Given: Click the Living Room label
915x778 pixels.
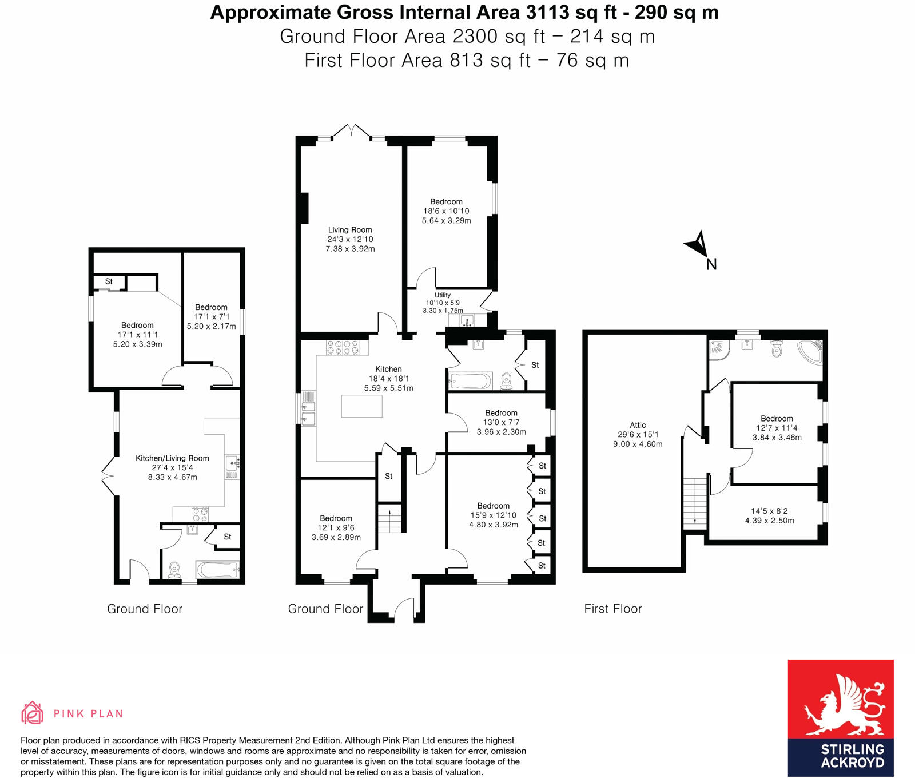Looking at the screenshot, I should click(350, 230).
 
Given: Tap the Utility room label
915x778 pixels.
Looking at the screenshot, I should click(443, 295).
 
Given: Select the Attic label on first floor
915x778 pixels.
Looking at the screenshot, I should click(638, 425).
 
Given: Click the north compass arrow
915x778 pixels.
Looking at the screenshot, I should click(698, 245).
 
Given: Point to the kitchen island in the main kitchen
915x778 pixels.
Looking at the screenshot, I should click(361, 406).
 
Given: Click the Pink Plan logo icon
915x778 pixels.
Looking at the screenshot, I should click(33, 713).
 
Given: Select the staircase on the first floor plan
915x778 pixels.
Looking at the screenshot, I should click(695, 501).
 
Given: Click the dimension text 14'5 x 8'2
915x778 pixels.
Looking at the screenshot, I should click(769, 511).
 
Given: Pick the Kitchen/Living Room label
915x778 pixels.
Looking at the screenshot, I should click(172, 458).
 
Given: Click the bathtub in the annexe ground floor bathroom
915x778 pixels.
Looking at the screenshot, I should click(217, 570).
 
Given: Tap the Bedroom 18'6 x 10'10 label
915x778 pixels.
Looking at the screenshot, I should click(446, 202).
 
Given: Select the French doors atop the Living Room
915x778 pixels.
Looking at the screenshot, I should click(353, 131).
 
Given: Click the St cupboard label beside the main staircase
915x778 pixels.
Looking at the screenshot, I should click(388, 476).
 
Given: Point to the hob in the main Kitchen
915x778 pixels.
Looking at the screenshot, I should click(343, 347).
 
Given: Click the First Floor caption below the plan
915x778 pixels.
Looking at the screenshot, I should click(612, 609).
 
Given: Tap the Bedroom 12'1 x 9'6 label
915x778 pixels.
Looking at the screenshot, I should click(336, 518).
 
